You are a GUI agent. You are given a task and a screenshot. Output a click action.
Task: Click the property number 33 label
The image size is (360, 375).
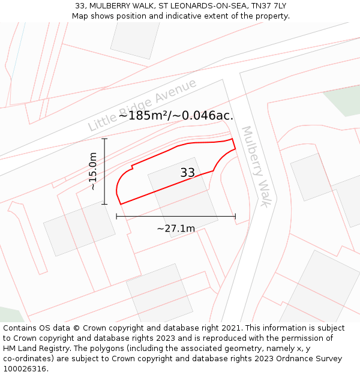tap(187, 173)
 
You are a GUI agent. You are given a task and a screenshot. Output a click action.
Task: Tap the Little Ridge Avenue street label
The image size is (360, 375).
tap(142, 105)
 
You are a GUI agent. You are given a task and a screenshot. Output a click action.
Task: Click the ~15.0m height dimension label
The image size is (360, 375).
tap(93, 171)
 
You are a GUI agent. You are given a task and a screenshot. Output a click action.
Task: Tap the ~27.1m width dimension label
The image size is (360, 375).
tap(176, 229)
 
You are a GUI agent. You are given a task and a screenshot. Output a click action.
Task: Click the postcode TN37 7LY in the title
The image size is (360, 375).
tap(268, 6)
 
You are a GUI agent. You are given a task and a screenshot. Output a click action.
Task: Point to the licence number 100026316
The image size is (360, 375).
tap(26, 368)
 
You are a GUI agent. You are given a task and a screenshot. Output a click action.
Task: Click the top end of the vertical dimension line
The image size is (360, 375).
tap(104, 139)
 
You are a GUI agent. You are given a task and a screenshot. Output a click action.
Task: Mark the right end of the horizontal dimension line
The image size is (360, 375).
tap(235, 216)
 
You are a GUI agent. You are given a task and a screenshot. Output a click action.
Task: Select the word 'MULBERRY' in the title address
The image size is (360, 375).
tap(108, 6)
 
